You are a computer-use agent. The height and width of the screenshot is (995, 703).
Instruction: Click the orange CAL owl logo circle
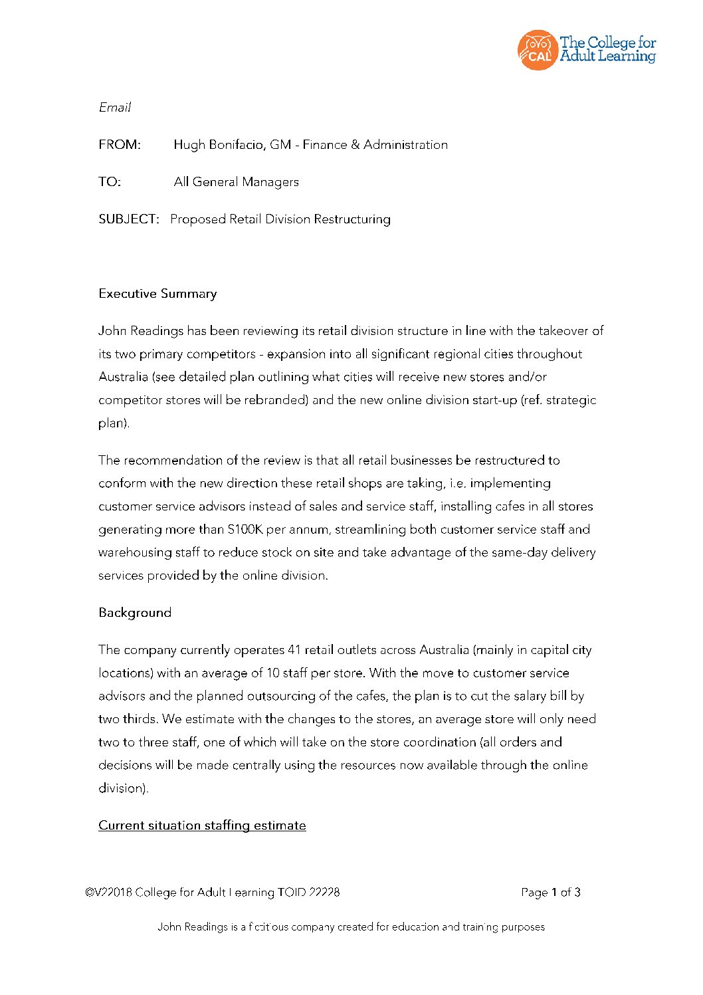[x=537, y=50]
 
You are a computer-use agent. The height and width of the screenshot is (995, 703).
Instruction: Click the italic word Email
[x=115, y=108]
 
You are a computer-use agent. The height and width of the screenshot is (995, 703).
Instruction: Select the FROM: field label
[x=120, y=145]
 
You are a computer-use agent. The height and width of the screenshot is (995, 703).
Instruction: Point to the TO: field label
[x=110, y=182]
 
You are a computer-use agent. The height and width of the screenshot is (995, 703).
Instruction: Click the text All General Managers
[x=236, y=182]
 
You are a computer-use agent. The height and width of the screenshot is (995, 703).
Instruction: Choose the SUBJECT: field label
[x=129, y=219]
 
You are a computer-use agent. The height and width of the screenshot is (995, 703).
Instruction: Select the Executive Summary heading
[x=157, y=294]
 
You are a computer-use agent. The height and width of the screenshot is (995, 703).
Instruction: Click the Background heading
[x=135, y=613]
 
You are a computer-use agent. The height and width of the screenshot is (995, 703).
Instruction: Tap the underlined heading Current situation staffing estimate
[x=202, y=826]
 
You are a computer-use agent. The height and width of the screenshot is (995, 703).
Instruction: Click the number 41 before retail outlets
[x=294, y=650]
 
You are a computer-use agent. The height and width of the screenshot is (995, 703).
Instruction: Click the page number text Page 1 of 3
[x=551, y=893]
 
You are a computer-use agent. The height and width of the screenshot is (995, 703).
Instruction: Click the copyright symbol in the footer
[x=89, y=893]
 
